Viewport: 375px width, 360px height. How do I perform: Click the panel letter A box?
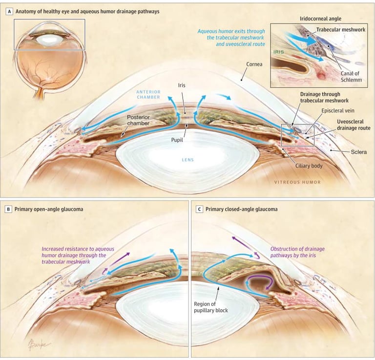(9, 11)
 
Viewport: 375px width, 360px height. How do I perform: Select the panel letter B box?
(8, 209)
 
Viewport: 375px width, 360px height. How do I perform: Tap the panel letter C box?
(199, 209)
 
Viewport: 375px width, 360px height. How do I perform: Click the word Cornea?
(254, 64)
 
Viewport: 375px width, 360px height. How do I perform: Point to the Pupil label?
(177, 140)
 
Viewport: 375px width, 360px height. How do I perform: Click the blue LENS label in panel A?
(187, 160)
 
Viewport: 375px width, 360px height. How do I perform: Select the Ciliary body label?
(309, 166)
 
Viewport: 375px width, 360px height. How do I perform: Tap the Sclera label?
(359, 152)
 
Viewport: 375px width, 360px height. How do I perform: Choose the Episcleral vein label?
(338, 111)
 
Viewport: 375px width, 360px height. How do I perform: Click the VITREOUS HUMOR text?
(297, 182)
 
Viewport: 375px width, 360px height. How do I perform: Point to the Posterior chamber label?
(138, 120)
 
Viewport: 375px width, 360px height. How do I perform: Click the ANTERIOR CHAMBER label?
(148, 94)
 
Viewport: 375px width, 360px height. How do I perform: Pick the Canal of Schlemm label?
(351, 77)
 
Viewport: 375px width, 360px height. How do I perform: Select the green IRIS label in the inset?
(279, 52)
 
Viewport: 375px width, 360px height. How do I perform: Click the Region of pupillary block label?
(211, 307)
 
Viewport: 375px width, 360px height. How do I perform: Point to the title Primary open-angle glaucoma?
(49, 209)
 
